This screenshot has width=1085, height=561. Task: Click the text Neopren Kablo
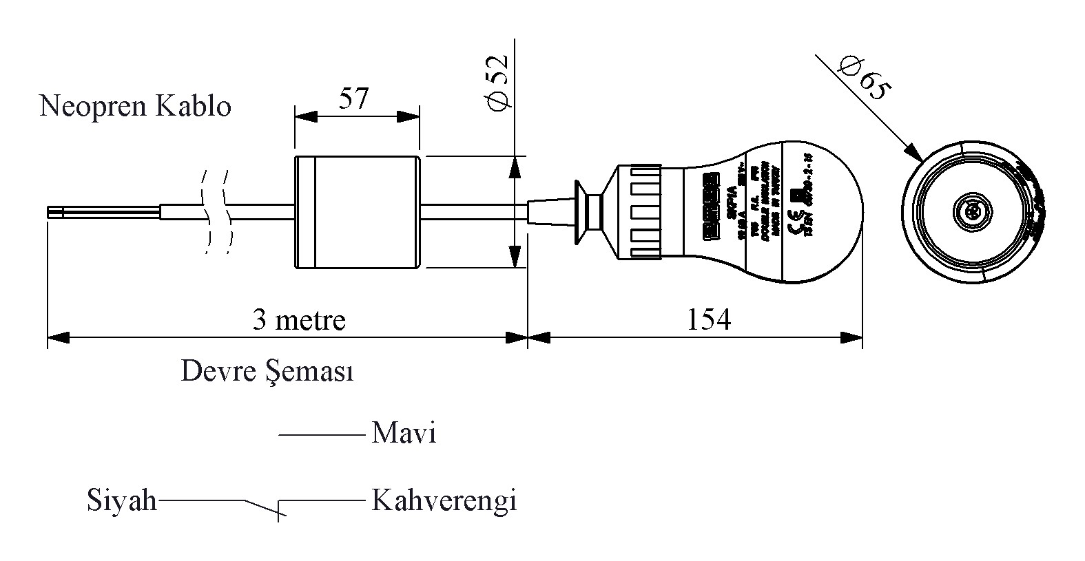pyautogui.click(x=135, y=107)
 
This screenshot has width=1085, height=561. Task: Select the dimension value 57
pyautogui.click(x=354, y=99)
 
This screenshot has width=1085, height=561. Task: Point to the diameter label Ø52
pyautogui.click(x=497, y=81)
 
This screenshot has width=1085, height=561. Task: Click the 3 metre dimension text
pyautogui.click(x=298, y=320)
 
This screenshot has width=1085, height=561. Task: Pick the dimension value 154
pyautogui.click(x=708, y=320)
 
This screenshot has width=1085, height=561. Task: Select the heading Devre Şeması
pyautogui.click(x=267, y=372)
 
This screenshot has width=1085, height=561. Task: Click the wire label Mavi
pyautogui.click(x=404, y=434)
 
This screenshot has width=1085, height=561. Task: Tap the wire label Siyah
pyautogui.click(x=122, y=500)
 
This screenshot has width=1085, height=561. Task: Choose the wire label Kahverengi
pyautogui.click(x=444, y=500)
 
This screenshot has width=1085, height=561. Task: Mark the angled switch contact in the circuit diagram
pyautogui.click(x=262, y=507)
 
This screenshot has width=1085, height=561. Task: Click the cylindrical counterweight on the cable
pyautogui.click(x=357, y=212)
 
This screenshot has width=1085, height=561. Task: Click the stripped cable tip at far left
pyautogui.click(x=55, y=212)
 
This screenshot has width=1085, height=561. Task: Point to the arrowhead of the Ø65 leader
pyautogui.click(x=914, y=154)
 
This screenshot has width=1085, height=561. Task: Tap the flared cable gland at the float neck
pyautogui.click(x=586, y=211)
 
